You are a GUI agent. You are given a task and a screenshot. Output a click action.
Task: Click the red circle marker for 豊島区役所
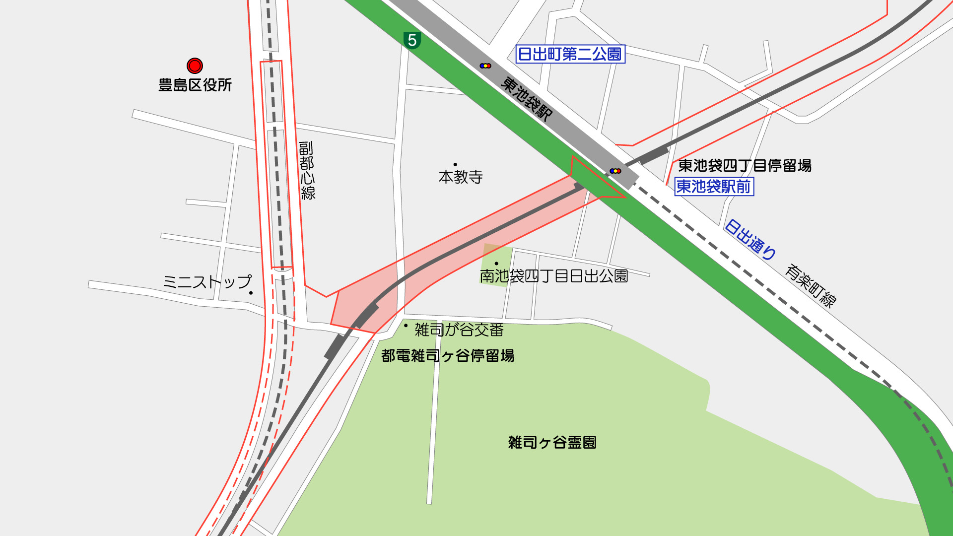coord(195,66)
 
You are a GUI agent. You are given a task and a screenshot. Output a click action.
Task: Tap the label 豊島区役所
coord(195,85)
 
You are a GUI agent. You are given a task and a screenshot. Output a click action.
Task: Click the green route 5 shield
coord(412,40)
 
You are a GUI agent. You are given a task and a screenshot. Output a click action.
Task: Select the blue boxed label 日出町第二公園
coord(570,54)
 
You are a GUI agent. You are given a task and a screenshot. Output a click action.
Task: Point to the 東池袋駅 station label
coord(526,99)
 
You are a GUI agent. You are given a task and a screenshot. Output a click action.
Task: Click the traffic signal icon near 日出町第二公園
coord(485,66)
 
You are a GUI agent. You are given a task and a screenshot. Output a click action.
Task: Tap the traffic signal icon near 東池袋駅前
coord(615,171)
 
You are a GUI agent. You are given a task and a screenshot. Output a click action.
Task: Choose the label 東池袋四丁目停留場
coord(745,165)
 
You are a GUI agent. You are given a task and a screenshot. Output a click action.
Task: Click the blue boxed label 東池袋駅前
coord(714,187)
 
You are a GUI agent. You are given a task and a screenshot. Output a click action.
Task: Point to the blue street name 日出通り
coord(750,240)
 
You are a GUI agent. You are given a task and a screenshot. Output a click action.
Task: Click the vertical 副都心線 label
coord(307,171)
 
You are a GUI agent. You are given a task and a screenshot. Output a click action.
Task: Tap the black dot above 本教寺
coord(455,164)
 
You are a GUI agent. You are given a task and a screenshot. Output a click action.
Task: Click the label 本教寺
coord(461,177)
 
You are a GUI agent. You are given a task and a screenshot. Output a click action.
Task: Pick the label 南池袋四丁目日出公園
coord(553,276)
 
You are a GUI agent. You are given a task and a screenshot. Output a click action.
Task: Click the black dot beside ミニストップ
coord(251,293)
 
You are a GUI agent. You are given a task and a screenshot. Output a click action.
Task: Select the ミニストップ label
coord(207,282)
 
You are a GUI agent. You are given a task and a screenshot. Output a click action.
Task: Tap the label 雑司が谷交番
coord(459,330)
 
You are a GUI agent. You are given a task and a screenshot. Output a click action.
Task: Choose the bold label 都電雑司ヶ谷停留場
coord(447,356)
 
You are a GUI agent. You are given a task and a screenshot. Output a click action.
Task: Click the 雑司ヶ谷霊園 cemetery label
coord(552,442)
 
